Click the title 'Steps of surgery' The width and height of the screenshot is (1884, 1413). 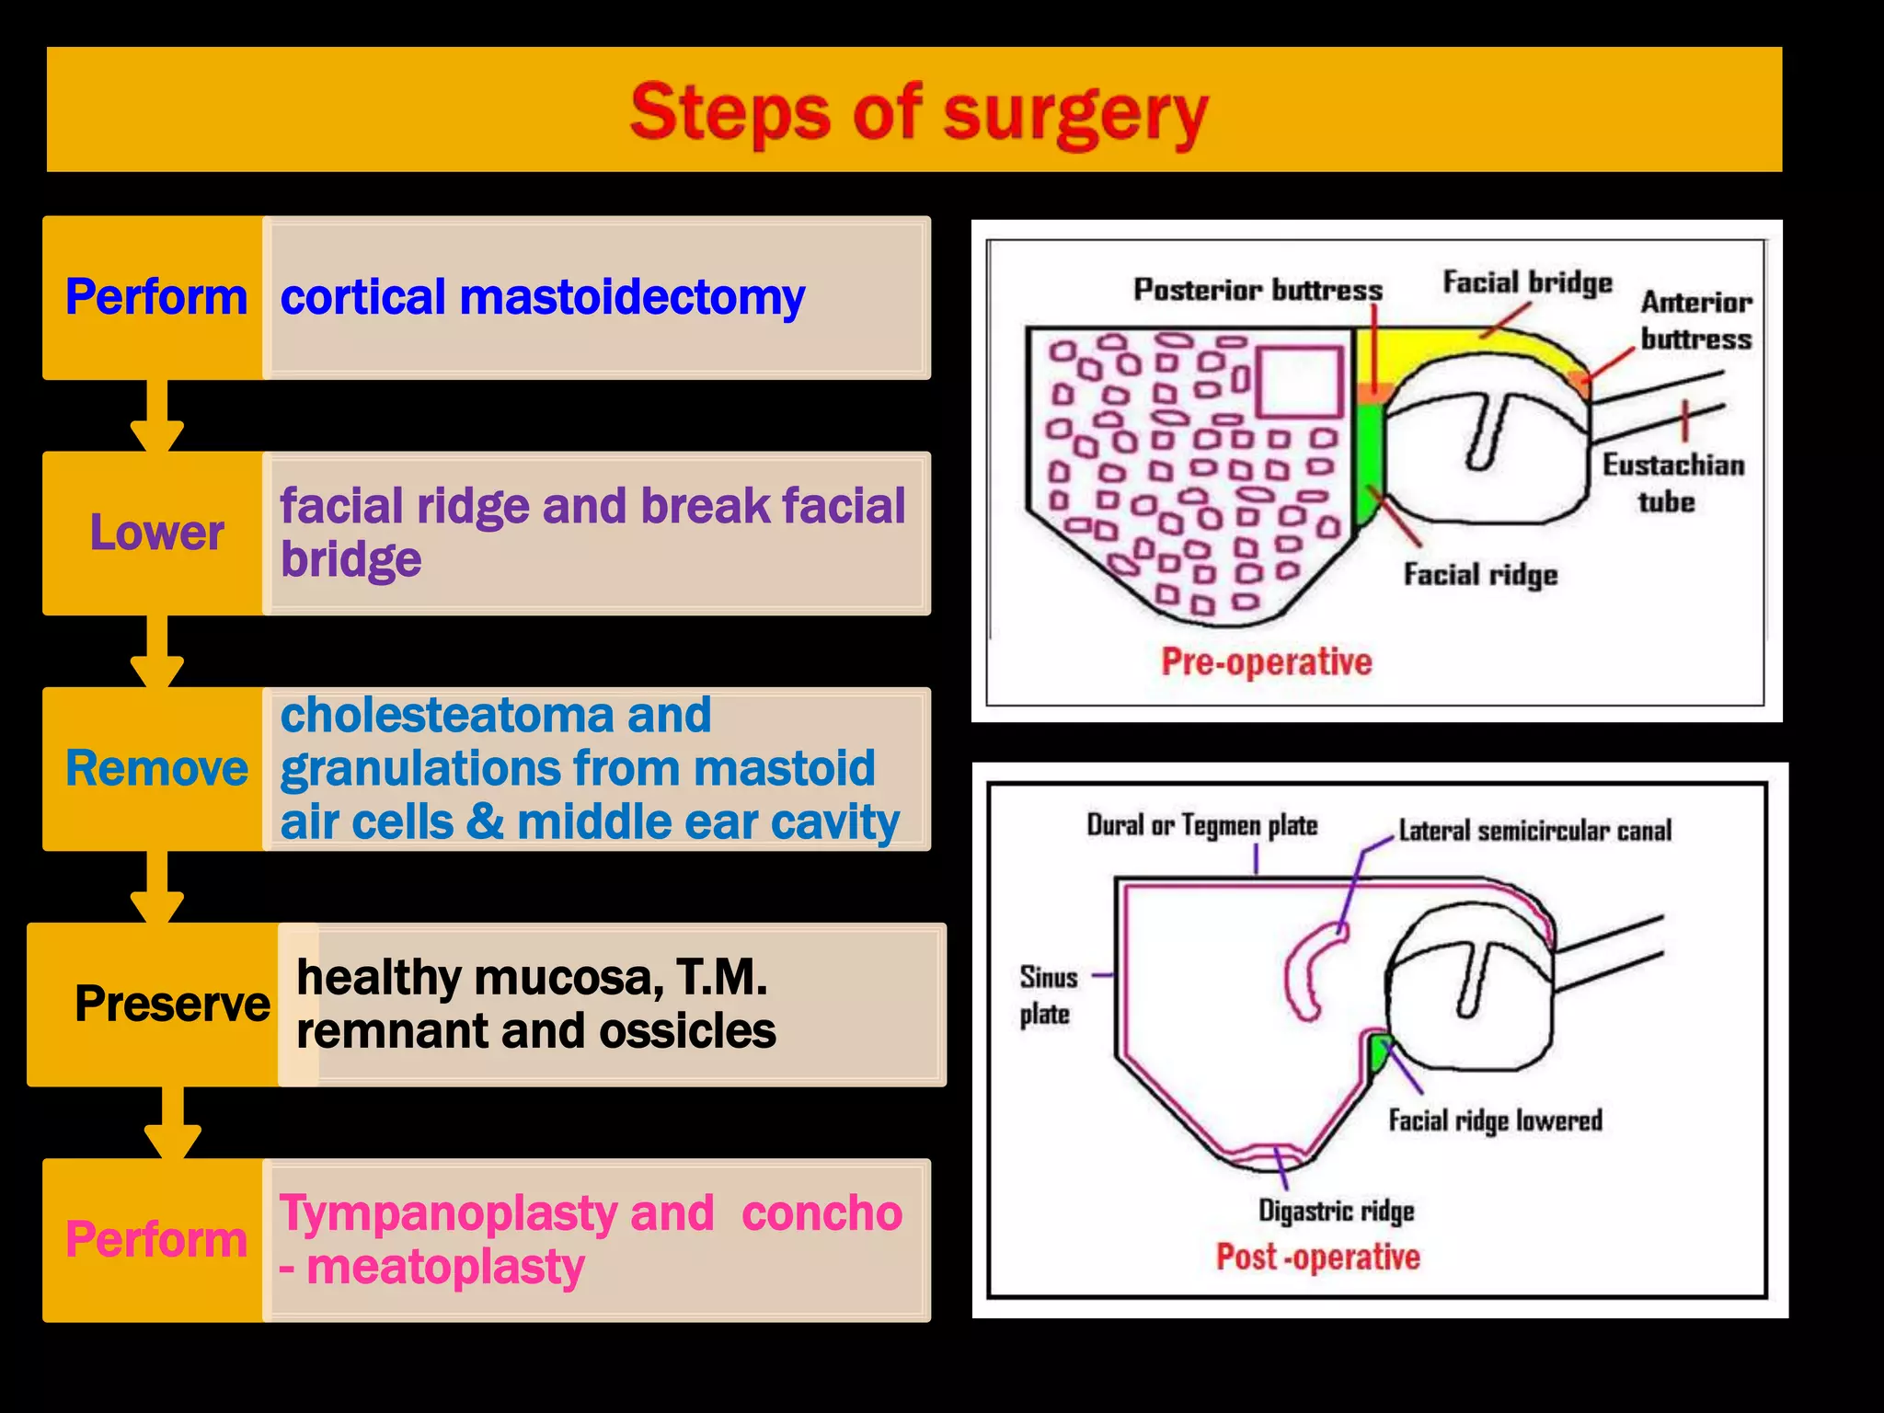point(918,113)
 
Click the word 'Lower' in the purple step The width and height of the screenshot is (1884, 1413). point(156,533)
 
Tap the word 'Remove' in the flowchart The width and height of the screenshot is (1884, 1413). point(156,768)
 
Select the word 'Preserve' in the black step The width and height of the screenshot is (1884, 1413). point(172,1004)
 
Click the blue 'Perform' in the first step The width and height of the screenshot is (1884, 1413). point(156,297)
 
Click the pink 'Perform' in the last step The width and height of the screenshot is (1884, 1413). point(156,1239)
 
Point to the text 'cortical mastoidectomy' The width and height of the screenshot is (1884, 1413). point(542,297)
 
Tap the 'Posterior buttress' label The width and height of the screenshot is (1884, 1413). point(1258,290)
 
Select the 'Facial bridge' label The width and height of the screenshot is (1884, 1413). point(1527,282)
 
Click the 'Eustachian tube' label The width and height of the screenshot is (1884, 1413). point(1672,483)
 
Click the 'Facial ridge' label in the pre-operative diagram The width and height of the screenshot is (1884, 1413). point(1480,575)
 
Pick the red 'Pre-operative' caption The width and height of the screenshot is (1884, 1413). point(1266,661)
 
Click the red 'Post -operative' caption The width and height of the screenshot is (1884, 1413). point(1317,1257)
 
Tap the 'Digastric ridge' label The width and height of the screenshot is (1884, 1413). point(1336,1211)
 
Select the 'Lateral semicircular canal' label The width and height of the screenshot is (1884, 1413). point(1534,831)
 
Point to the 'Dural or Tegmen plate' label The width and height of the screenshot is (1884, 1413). point(1201,825)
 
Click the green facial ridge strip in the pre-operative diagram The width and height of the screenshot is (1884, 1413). point(1369,460)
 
